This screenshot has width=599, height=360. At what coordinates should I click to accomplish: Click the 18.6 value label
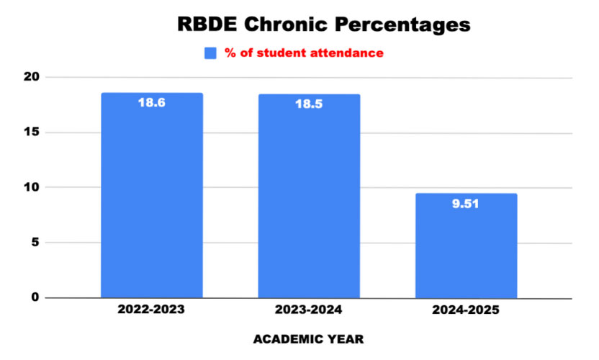tap(151, 103)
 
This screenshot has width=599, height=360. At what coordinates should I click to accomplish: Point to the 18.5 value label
tap(310, 104)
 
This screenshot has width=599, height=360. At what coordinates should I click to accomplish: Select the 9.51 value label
tap(467, 204)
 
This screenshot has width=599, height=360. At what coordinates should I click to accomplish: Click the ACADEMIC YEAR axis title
tap(309, 339)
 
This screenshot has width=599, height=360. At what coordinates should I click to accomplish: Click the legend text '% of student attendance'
tap(303, 53)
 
